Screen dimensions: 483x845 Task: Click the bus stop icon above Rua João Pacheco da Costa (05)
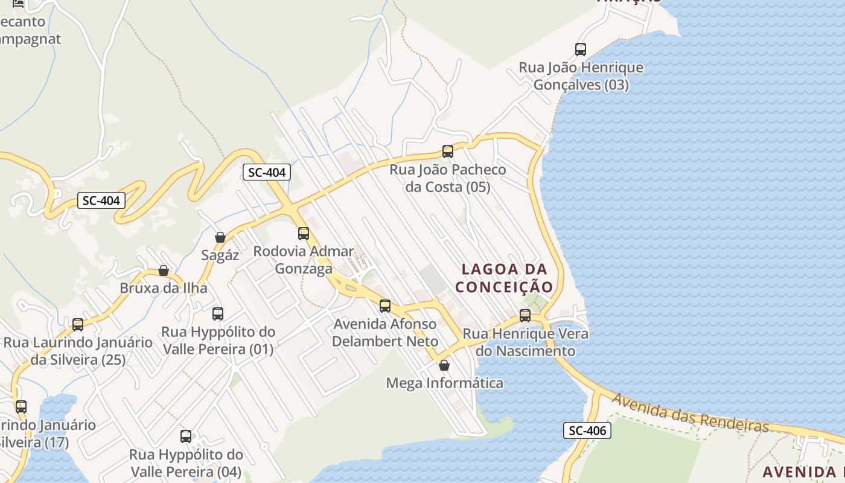point(447,152)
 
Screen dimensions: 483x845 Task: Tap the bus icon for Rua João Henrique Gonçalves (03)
point(581,50)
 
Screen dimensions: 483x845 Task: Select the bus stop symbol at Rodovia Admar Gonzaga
point(304,233)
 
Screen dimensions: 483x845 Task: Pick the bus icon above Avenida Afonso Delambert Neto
point(385,305)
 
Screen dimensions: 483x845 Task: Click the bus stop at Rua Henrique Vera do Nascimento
point(525,315)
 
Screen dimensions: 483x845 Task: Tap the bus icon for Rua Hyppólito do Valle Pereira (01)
point(218,314)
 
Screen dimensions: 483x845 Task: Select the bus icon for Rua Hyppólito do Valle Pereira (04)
point(186,436)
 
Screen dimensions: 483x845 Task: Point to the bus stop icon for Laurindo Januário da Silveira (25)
point(78,325)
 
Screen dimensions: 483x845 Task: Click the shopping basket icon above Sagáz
point(220,237)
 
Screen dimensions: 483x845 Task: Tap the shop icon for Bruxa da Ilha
point(164,270)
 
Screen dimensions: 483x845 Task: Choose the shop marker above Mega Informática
point(444,365)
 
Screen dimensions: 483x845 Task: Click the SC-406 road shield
point(587,430)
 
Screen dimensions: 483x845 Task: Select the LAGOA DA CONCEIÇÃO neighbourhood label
point(504,278)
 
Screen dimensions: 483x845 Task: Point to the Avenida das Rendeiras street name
point(690,414)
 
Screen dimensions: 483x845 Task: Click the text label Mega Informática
point(444,383)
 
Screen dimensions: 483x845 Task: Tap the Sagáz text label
point(220,255)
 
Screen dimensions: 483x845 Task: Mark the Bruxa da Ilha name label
point(164,288)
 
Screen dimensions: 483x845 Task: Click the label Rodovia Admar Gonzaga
point(304,260)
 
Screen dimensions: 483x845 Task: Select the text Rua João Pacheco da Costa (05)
point(448,178)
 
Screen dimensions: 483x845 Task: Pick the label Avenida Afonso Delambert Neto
point(385,333)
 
